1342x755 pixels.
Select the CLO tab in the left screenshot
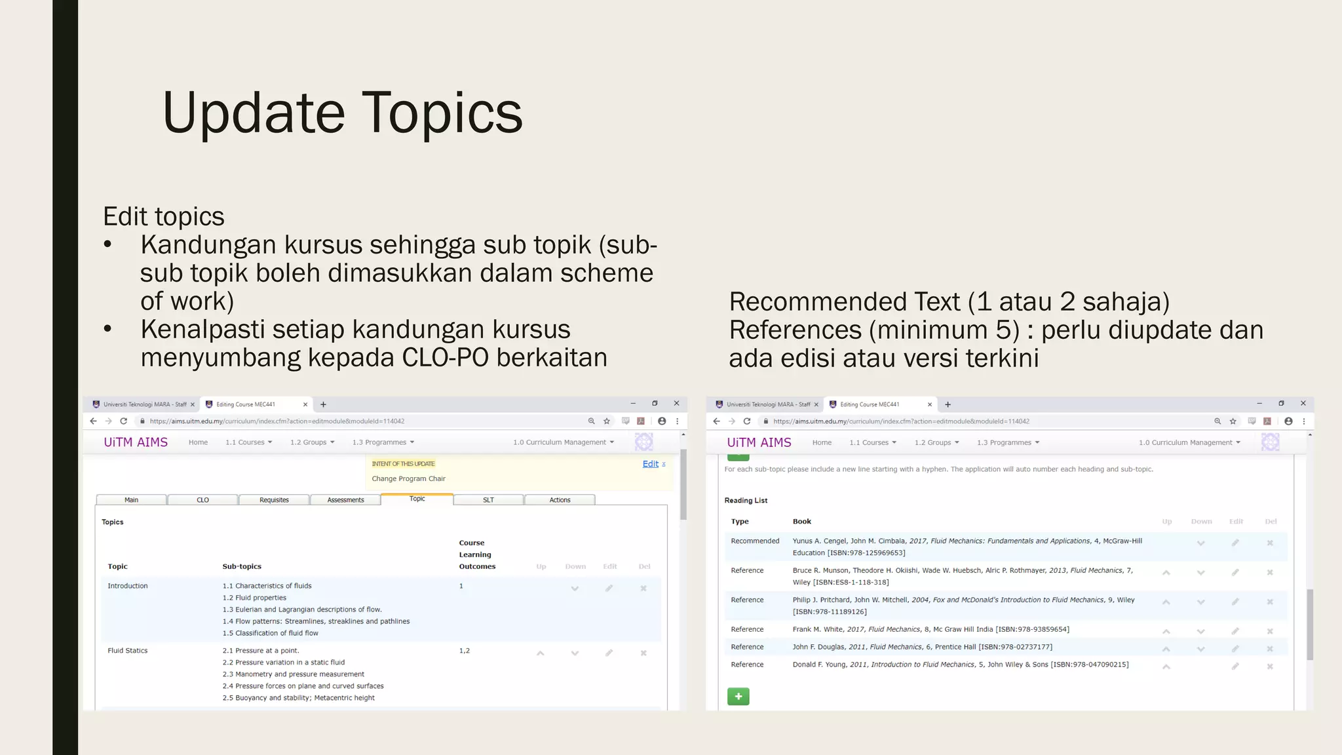pyautogui.click(x=202, y=500)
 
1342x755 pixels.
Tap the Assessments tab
pyautogui.click(x=345, y=500)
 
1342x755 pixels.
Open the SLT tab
pyautogui.click(x=488, y=500)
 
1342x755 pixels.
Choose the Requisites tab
pyautogui.click(x=274, y=500)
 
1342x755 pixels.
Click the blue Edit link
pyautogui.click(x=650, y=464)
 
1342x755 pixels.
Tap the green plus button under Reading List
pyautogui.click(x=738, y=696)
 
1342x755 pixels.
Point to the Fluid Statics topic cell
pyautogui.click(x=128, y=651)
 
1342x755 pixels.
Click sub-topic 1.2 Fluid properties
pyautogui.click(x=254, y=598)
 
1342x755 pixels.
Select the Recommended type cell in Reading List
pyautogui.click(x=755, y=541)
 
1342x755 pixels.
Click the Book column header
pyautogui.click(x=801, y=522)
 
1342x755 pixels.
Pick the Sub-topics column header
pyautogui.click(x=242, y=566)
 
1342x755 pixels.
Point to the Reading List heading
pyautogui.click(x=746, y=501)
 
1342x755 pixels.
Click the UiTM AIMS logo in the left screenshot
pyautogui.click(x=136, y=442)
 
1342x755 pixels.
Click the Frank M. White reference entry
pyautogui.click(x=930, y=630)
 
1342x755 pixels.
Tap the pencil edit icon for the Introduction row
pyautogui.click(x=609, y=589)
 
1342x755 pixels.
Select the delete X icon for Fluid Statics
pyautogui.click(x=643, y=653)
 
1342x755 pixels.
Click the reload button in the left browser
pyautogui.click(x=123, y=421)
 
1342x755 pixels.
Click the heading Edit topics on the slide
pyautogui.click(x=164, y=217)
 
